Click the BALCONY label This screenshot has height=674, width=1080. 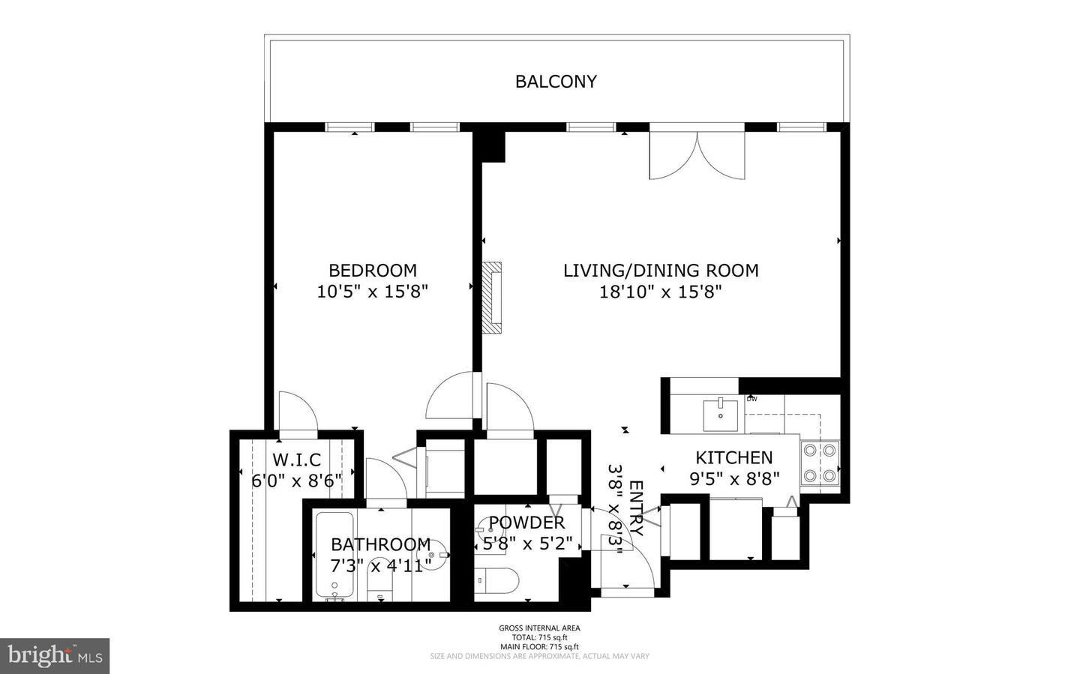[x=556, y=82]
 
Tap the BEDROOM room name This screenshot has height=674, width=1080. [x=372, y=270]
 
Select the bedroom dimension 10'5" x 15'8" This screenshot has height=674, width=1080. [x=372, y=292]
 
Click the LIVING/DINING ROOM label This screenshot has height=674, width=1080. [x=661, y=270]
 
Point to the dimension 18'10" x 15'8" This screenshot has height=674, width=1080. [x=660, y=292]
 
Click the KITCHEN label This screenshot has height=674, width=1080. [x=733, y=457]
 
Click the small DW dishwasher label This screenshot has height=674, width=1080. [x=751, y=399]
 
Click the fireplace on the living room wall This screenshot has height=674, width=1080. [x=492, y=297]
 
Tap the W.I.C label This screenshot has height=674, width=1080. [x=296, y=460]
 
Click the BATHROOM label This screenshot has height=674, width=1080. [x=380, y=544]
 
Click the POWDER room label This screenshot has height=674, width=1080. [x=526, y=523]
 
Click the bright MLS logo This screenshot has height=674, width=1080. [x=55, y=656]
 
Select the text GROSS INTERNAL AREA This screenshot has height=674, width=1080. [x=539, y=628]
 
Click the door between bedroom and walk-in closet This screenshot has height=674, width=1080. [x=298, y=414]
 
